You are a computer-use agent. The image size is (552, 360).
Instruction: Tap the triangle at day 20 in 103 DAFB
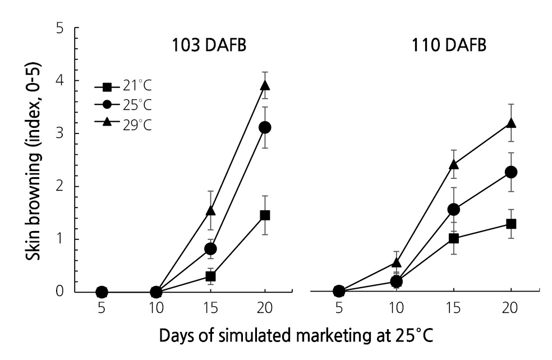(265, 86)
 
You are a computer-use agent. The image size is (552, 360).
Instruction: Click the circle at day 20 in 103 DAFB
(265, 127)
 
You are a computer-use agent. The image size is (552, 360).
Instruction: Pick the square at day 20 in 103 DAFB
(265, 215)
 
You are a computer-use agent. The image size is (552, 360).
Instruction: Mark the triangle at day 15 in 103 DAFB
(211, 211)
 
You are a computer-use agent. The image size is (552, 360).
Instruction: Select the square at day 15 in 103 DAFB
(211, 276)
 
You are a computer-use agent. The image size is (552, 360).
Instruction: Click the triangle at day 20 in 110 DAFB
(511, 123)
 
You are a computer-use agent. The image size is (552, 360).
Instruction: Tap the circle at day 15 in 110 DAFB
(454, 209)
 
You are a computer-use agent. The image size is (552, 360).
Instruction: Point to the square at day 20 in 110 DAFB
(511, 224)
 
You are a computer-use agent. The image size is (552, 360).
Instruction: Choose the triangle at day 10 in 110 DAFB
(397, 262)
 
